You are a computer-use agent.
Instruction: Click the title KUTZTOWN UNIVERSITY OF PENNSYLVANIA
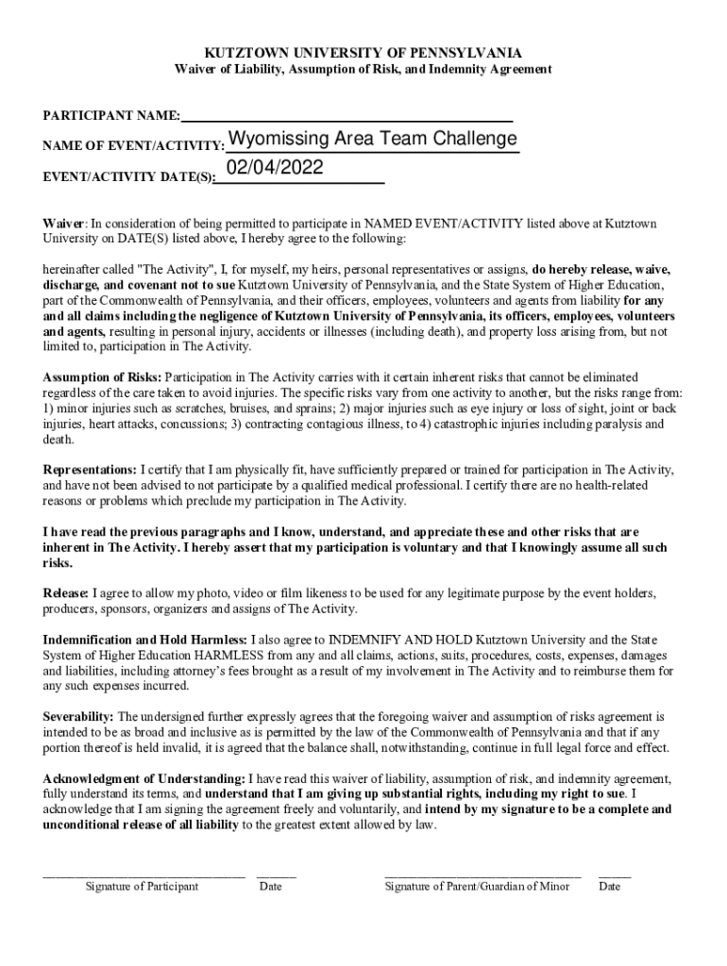point(363,53)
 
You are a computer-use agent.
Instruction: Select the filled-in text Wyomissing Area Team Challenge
point(372,140)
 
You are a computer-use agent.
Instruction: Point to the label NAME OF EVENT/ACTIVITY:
point(133,146)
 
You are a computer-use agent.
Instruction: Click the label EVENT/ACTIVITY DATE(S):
point(128,176)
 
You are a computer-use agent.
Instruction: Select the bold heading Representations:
point(90,470)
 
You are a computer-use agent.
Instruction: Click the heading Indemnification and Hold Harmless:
point(146,640)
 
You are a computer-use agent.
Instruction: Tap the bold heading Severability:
point(78,717)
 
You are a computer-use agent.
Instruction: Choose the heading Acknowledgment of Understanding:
point(144,779)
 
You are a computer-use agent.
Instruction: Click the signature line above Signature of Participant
point(144,876)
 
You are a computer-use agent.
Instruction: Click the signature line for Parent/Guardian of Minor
point(482,876)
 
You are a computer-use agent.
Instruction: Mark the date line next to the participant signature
point(276,876)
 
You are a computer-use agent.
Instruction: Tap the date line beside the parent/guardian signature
point(614,876)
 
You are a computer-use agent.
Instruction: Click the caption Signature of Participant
point(142,887)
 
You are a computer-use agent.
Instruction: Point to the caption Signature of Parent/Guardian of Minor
point(477,887)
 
